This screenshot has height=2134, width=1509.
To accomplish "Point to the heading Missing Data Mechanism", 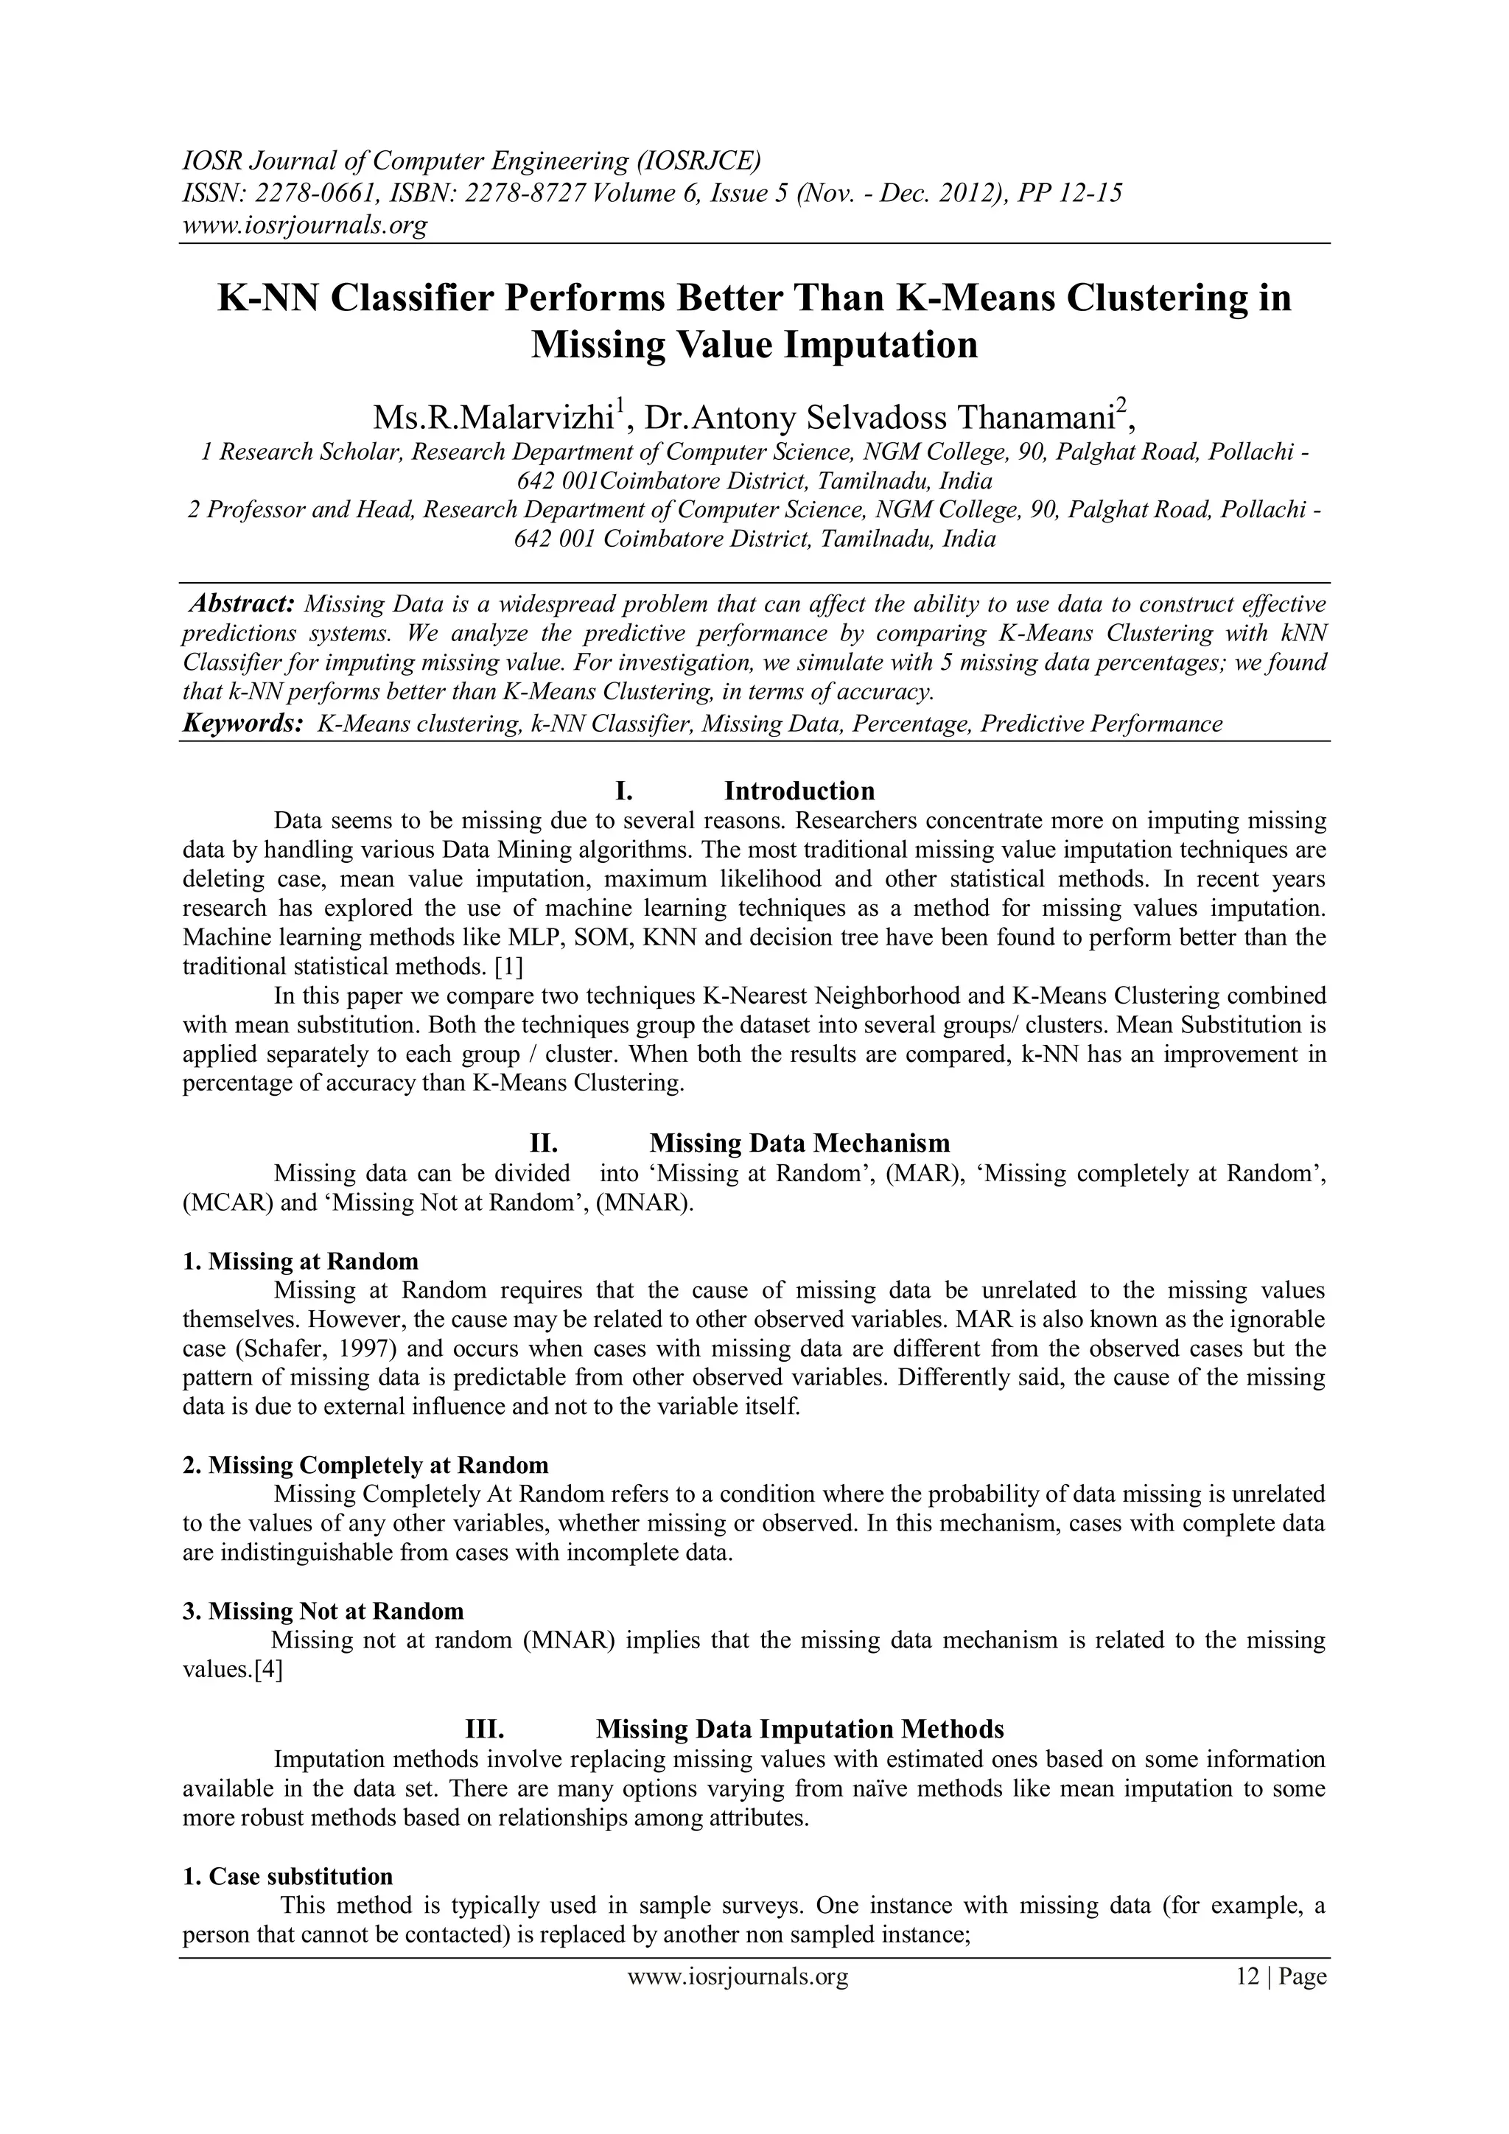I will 799,1143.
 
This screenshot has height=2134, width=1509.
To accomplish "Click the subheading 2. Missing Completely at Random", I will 365,1466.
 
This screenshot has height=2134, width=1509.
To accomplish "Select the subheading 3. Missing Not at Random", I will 323,1611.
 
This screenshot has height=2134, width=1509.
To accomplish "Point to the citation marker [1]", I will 508,967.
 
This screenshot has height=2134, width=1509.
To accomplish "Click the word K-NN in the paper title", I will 267,298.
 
